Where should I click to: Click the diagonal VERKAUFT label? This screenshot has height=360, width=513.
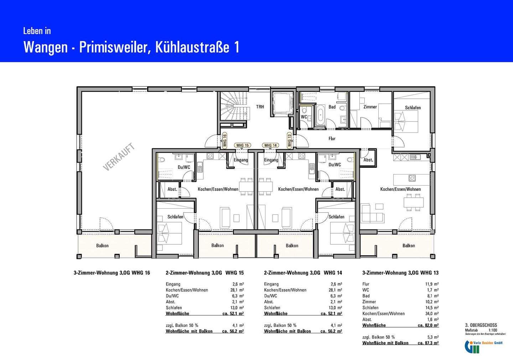click(x=119, y=157)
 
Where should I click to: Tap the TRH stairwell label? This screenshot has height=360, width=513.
click(x=260, y=107)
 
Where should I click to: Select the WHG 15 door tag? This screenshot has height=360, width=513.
click(x=243, y=145)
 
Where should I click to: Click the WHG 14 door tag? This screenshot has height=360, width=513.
click(x=270, y=145)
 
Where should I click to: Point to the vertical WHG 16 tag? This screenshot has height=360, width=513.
click(x=224, y=140)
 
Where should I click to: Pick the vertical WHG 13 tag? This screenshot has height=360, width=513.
click(x=289, y=140)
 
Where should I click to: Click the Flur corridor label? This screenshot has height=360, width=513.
click(x=332, y=139)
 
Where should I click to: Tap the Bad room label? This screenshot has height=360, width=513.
click(x=332, y=107)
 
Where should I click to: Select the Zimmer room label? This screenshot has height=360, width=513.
click(x=370, y=107)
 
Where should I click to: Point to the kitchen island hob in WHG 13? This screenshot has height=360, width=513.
click(x=412, y=178)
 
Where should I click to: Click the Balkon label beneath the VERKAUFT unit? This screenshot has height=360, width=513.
click(x=102, y=246)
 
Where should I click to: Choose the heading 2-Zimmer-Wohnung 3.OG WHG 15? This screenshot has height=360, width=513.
click(x=204, y=273)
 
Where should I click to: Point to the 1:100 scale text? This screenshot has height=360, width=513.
click(x=493, y=330)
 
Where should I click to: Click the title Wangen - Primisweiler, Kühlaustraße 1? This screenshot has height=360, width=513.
click(x=131, y=47)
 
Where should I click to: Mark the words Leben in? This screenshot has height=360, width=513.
click(x=37, y=31)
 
